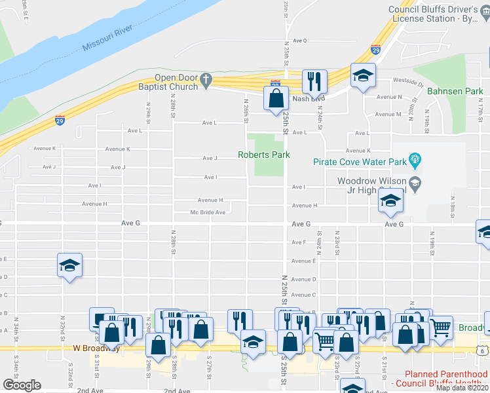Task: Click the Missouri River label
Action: click(108, 38)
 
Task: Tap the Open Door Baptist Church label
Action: click(168, 82)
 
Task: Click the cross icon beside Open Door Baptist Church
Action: click(206, 81)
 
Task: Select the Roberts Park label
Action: click(263, 155)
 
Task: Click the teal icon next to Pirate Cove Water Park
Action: click(413, 159)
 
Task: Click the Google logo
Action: click(22, 385)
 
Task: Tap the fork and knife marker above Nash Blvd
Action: click(314, 82)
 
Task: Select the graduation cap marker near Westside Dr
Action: click(363, 75)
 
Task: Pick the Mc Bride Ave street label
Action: click(208, 212)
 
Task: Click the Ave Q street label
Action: click(300, 41)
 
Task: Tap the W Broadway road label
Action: click(96, 348)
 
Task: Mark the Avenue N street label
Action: click(390, 97)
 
